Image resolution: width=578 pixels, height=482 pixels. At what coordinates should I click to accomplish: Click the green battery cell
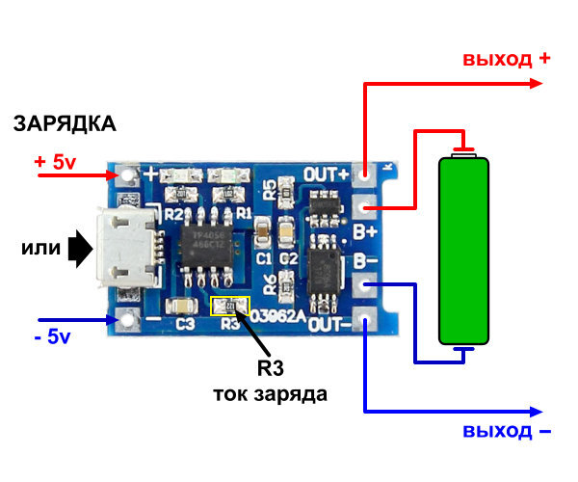(x=464, y=248)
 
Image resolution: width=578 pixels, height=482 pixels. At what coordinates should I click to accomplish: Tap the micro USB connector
(x=126, y=250)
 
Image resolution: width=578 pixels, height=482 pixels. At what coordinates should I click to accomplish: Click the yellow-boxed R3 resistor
(x=229, y=307)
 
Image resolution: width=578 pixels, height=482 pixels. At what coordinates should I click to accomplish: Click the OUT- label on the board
(x=328, y=325)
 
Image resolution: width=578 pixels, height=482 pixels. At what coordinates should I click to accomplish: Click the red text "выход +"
(x=506, y=59)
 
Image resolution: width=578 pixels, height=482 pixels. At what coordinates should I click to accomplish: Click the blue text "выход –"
(x=506, y=429)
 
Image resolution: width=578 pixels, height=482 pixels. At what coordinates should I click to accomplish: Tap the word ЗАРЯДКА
(x=65, y=123)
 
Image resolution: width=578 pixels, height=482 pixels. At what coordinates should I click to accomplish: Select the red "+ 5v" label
(x=55, y=162)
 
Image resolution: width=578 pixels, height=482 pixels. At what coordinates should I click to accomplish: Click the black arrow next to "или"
(x=81, y=250)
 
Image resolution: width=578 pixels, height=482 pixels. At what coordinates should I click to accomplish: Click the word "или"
(x=41, y=250)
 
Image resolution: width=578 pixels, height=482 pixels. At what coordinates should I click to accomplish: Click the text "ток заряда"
(x=270, y=394)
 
